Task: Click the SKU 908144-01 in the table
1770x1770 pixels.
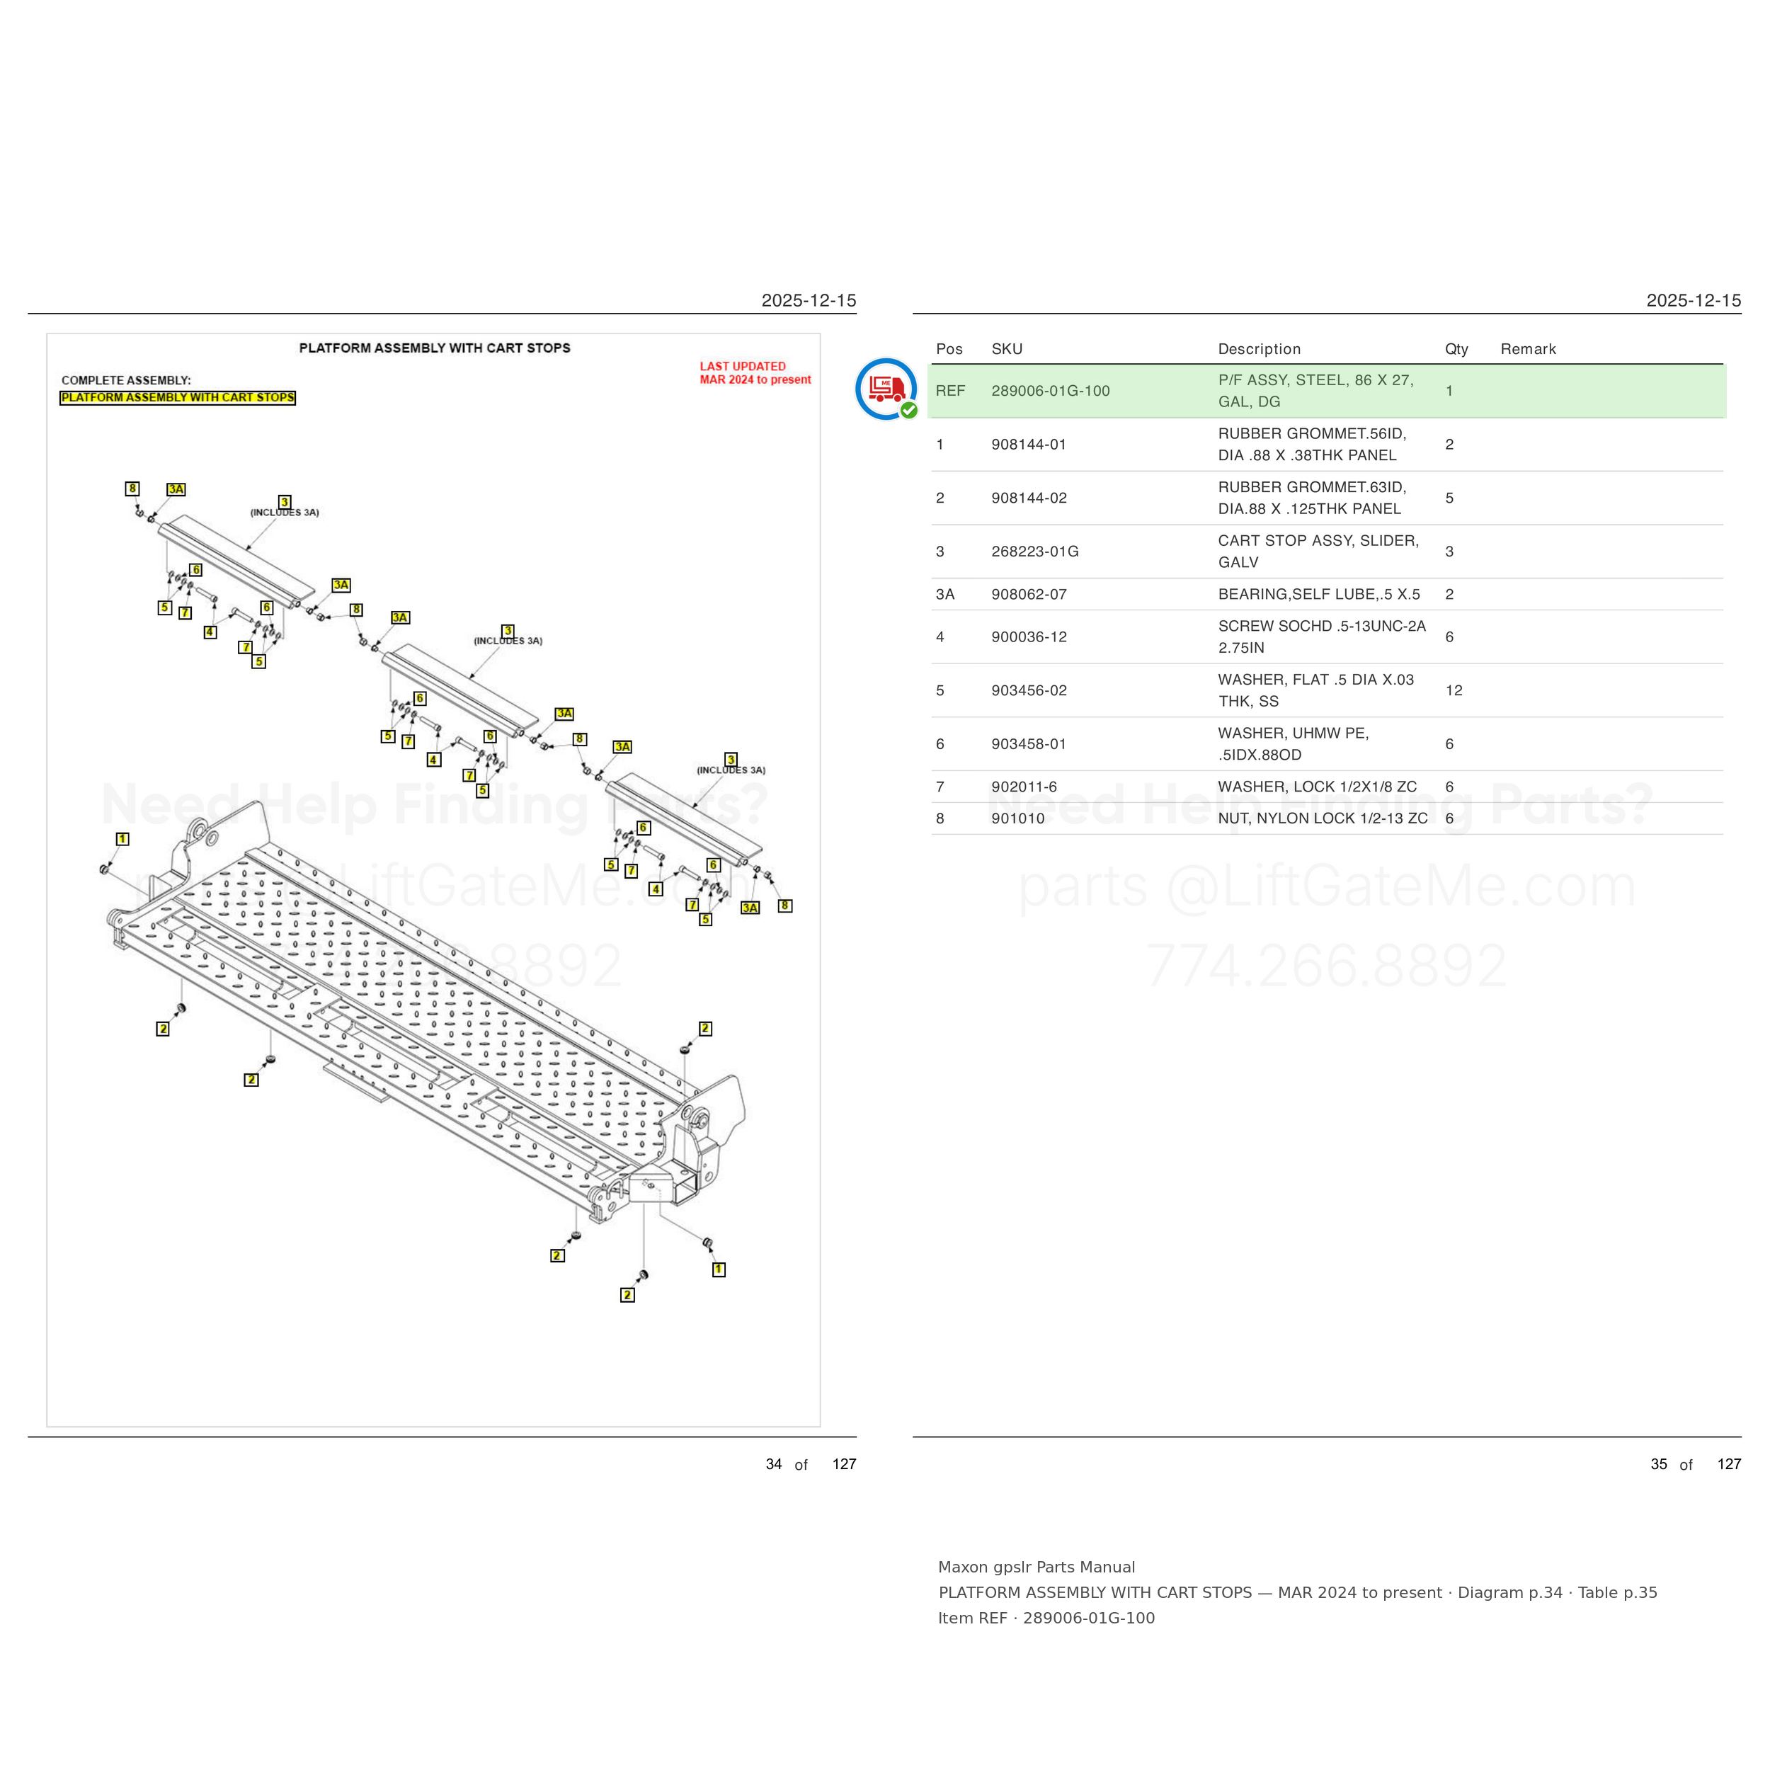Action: [x=1029, y=445]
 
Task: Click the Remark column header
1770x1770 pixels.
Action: [x=1528, y=349]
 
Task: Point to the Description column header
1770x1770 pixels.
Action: [x=1260, y=349]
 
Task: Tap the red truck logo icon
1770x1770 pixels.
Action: [x=886, y=389]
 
